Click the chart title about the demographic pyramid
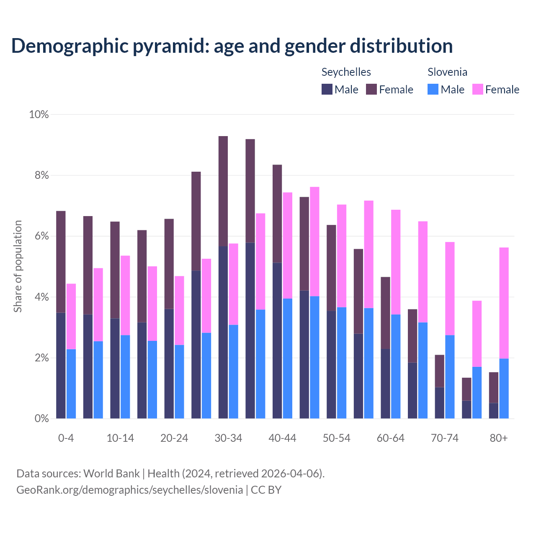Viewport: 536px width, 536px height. [x=232, y=46]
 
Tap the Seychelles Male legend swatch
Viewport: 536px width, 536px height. [x=327, y=89]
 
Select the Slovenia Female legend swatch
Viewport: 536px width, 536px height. [x=478, y=89]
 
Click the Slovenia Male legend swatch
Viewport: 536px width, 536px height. [x=433, y=89]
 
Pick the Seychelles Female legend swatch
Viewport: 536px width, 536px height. [x=371, y=89]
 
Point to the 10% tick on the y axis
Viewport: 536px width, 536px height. [x=39, y=114]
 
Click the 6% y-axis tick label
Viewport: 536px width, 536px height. [x=41, y=236]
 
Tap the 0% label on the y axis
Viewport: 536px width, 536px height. [x=41, y=419]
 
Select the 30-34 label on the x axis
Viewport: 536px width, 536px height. [x=228, y=438]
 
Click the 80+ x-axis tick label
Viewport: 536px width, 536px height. [x=499, y=438]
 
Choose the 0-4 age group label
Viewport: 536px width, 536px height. [x=66, y=438]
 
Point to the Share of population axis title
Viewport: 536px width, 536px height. [x=18, y=266]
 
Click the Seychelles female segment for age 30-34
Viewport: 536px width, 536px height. [x=223, y=191]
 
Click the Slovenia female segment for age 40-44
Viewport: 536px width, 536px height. [x=288, y=245]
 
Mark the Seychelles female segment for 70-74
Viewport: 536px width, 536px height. [x=439, y=371]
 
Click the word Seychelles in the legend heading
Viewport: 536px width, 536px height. [x=346, y=72]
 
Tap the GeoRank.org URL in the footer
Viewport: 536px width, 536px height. [x=129, y=490]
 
